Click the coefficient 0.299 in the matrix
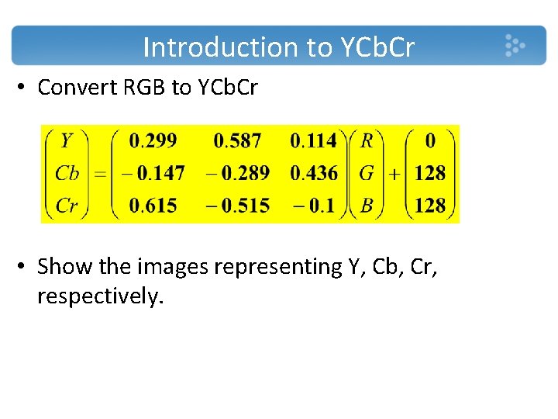pos(153,140)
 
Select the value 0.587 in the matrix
pos(238,140)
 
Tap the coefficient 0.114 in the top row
pos(313,140)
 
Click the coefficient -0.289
pos(238,173)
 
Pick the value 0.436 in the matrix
pos(313,173)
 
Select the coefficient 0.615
pos(153,206)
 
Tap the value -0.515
pos(238,206)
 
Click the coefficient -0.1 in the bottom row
pos(313,206)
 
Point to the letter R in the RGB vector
pos(367,140)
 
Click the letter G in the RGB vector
pos(367,173)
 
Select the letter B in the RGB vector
pos(367,206)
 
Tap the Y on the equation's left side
pos(67,140)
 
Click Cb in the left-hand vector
pos(67,173)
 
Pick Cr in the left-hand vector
pos(67,206)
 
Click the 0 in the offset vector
pos(430,140)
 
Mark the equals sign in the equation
pos(99,174)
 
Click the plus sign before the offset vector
pos(394,174)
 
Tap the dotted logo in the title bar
pos(514,45)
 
